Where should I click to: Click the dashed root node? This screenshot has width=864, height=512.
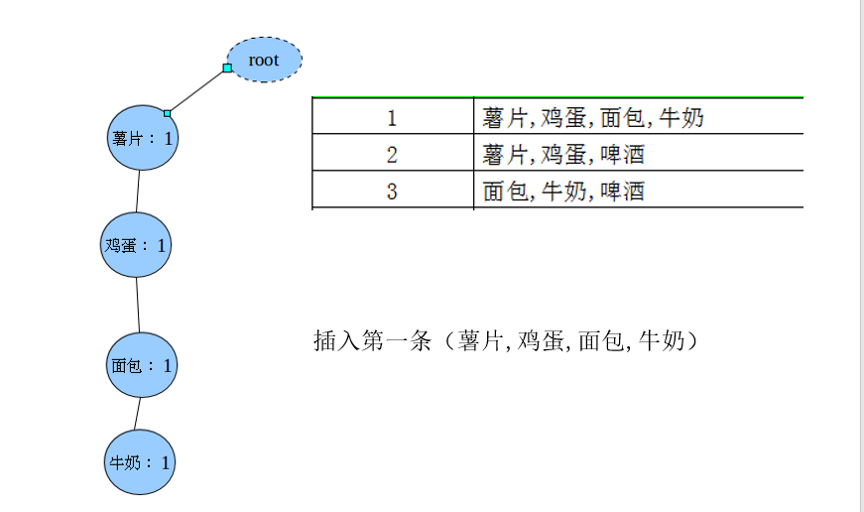click(264, 60)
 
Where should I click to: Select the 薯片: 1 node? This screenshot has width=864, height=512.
click(142, 138)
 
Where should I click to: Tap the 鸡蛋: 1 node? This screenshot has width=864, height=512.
click(136, 243)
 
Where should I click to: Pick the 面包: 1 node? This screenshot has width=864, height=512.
click(141, 365)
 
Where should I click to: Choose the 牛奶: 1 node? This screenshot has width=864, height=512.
click(140, 461)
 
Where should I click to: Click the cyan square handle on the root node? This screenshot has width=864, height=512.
click(227, 67)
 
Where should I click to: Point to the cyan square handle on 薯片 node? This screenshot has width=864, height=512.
click(168, 113)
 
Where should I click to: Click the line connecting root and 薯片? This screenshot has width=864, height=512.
click(197, 90)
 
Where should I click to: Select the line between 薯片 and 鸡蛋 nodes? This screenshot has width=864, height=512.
click(139, 191)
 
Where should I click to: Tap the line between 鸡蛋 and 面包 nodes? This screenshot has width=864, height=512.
click(138, 304)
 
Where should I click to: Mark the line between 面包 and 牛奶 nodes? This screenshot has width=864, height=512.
click(138, 414)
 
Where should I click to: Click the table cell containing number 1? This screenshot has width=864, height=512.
click(392, 118)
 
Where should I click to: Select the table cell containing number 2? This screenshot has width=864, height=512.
click(392, 155)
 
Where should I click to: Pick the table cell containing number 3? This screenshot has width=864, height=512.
click(392, 191)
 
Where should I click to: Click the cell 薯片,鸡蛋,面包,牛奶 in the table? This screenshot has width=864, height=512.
click(593, 118)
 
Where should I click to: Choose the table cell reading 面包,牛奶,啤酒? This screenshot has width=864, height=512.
click(563, 191)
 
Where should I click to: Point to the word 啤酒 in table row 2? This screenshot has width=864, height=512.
click(623, 155)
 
